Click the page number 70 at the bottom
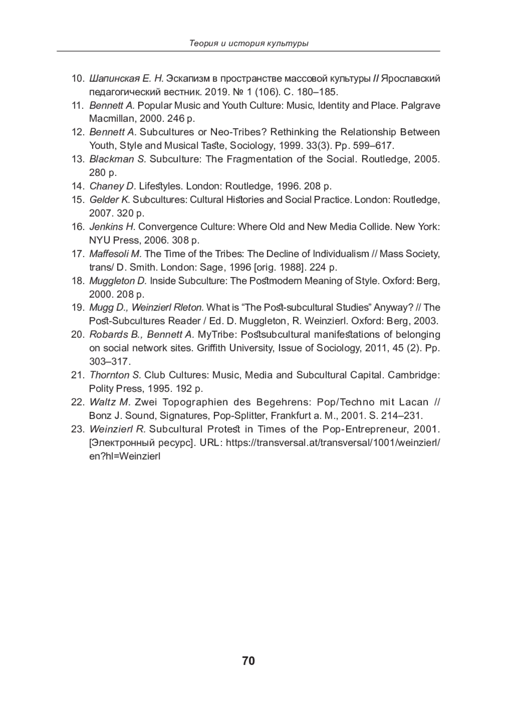[x=248, y=661]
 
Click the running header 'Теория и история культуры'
[x=249, y=43]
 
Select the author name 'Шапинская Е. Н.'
[x=126, y=79]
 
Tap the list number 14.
[x=78, y=186]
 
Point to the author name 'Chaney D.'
[x=112, y=186]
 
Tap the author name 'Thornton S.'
[x=115, y=375]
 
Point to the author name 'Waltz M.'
[x=110, y=402]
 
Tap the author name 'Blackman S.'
[x=118, y=159]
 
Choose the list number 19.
[x=78, y=308]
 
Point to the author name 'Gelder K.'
[x=109, y=200]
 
